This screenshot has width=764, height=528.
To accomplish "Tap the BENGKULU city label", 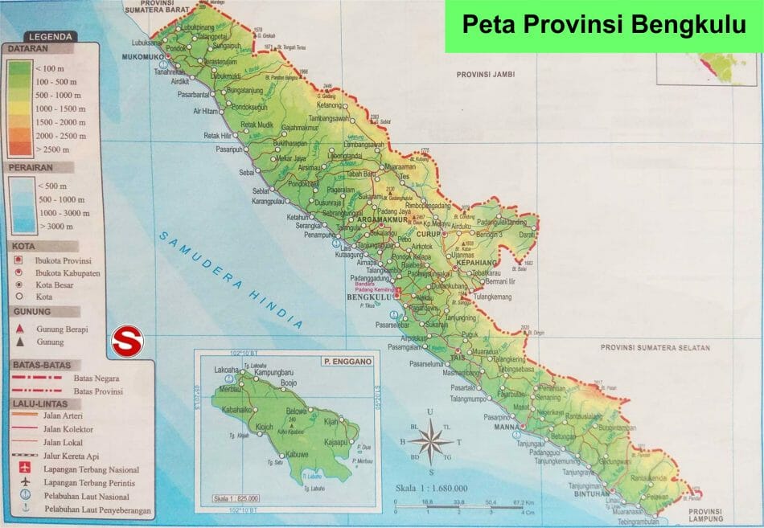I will [367, 297].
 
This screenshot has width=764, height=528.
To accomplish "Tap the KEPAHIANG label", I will [479, 263].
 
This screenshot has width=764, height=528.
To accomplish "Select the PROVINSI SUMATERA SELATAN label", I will [655, 348].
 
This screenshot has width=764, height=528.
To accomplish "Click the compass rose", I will [431, 442].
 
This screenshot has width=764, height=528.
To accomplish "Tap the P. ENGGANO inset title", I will [346, 362].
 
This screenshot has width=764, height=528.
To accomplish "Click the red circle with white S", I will [126, 341].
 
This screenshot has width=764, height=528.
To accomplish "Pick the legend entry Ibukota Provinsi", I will [64, 261].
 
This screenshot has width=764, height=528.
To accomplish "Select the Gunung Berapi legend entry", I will [62, 329].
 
